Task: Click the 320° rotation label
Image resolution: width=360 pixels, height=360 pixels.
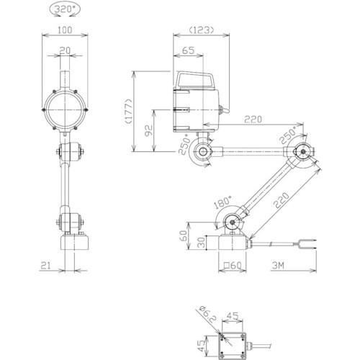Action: pyautogui.click(x=65, y=9)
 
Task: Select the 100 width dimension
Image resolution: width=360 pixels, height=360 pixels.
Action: pyautogui.click(x=65, y=30)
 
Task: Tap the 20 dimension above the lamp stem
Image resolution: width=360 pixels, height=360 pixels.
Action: pyautogui.click(x=65, y=50)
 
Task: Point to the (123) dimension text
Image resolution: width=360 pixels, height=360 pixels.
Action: pyautogui.click(x=201, y=30)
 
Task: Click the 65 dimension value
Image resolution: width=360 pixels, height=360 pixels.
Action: pyautogui.click(x=188, y=50)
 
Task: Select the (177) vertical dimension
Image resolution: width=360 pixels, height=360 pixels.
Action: pyautogui.click(x=129, y=111)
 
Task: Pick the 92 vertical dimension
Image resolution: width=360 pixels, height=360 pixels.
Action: pyautogui.click(x=149, y=130)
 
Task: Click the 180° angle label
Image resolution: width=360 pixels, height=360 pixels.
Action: pyautogui.click(x=223, y=202)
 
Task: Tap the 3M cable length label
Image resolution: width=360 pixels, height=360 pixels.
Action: pyautogui.click(x=278, y=265)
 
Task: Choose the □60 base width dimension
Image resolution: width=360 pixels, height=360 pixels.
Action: pyautogui.click(x=233, y=265)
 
